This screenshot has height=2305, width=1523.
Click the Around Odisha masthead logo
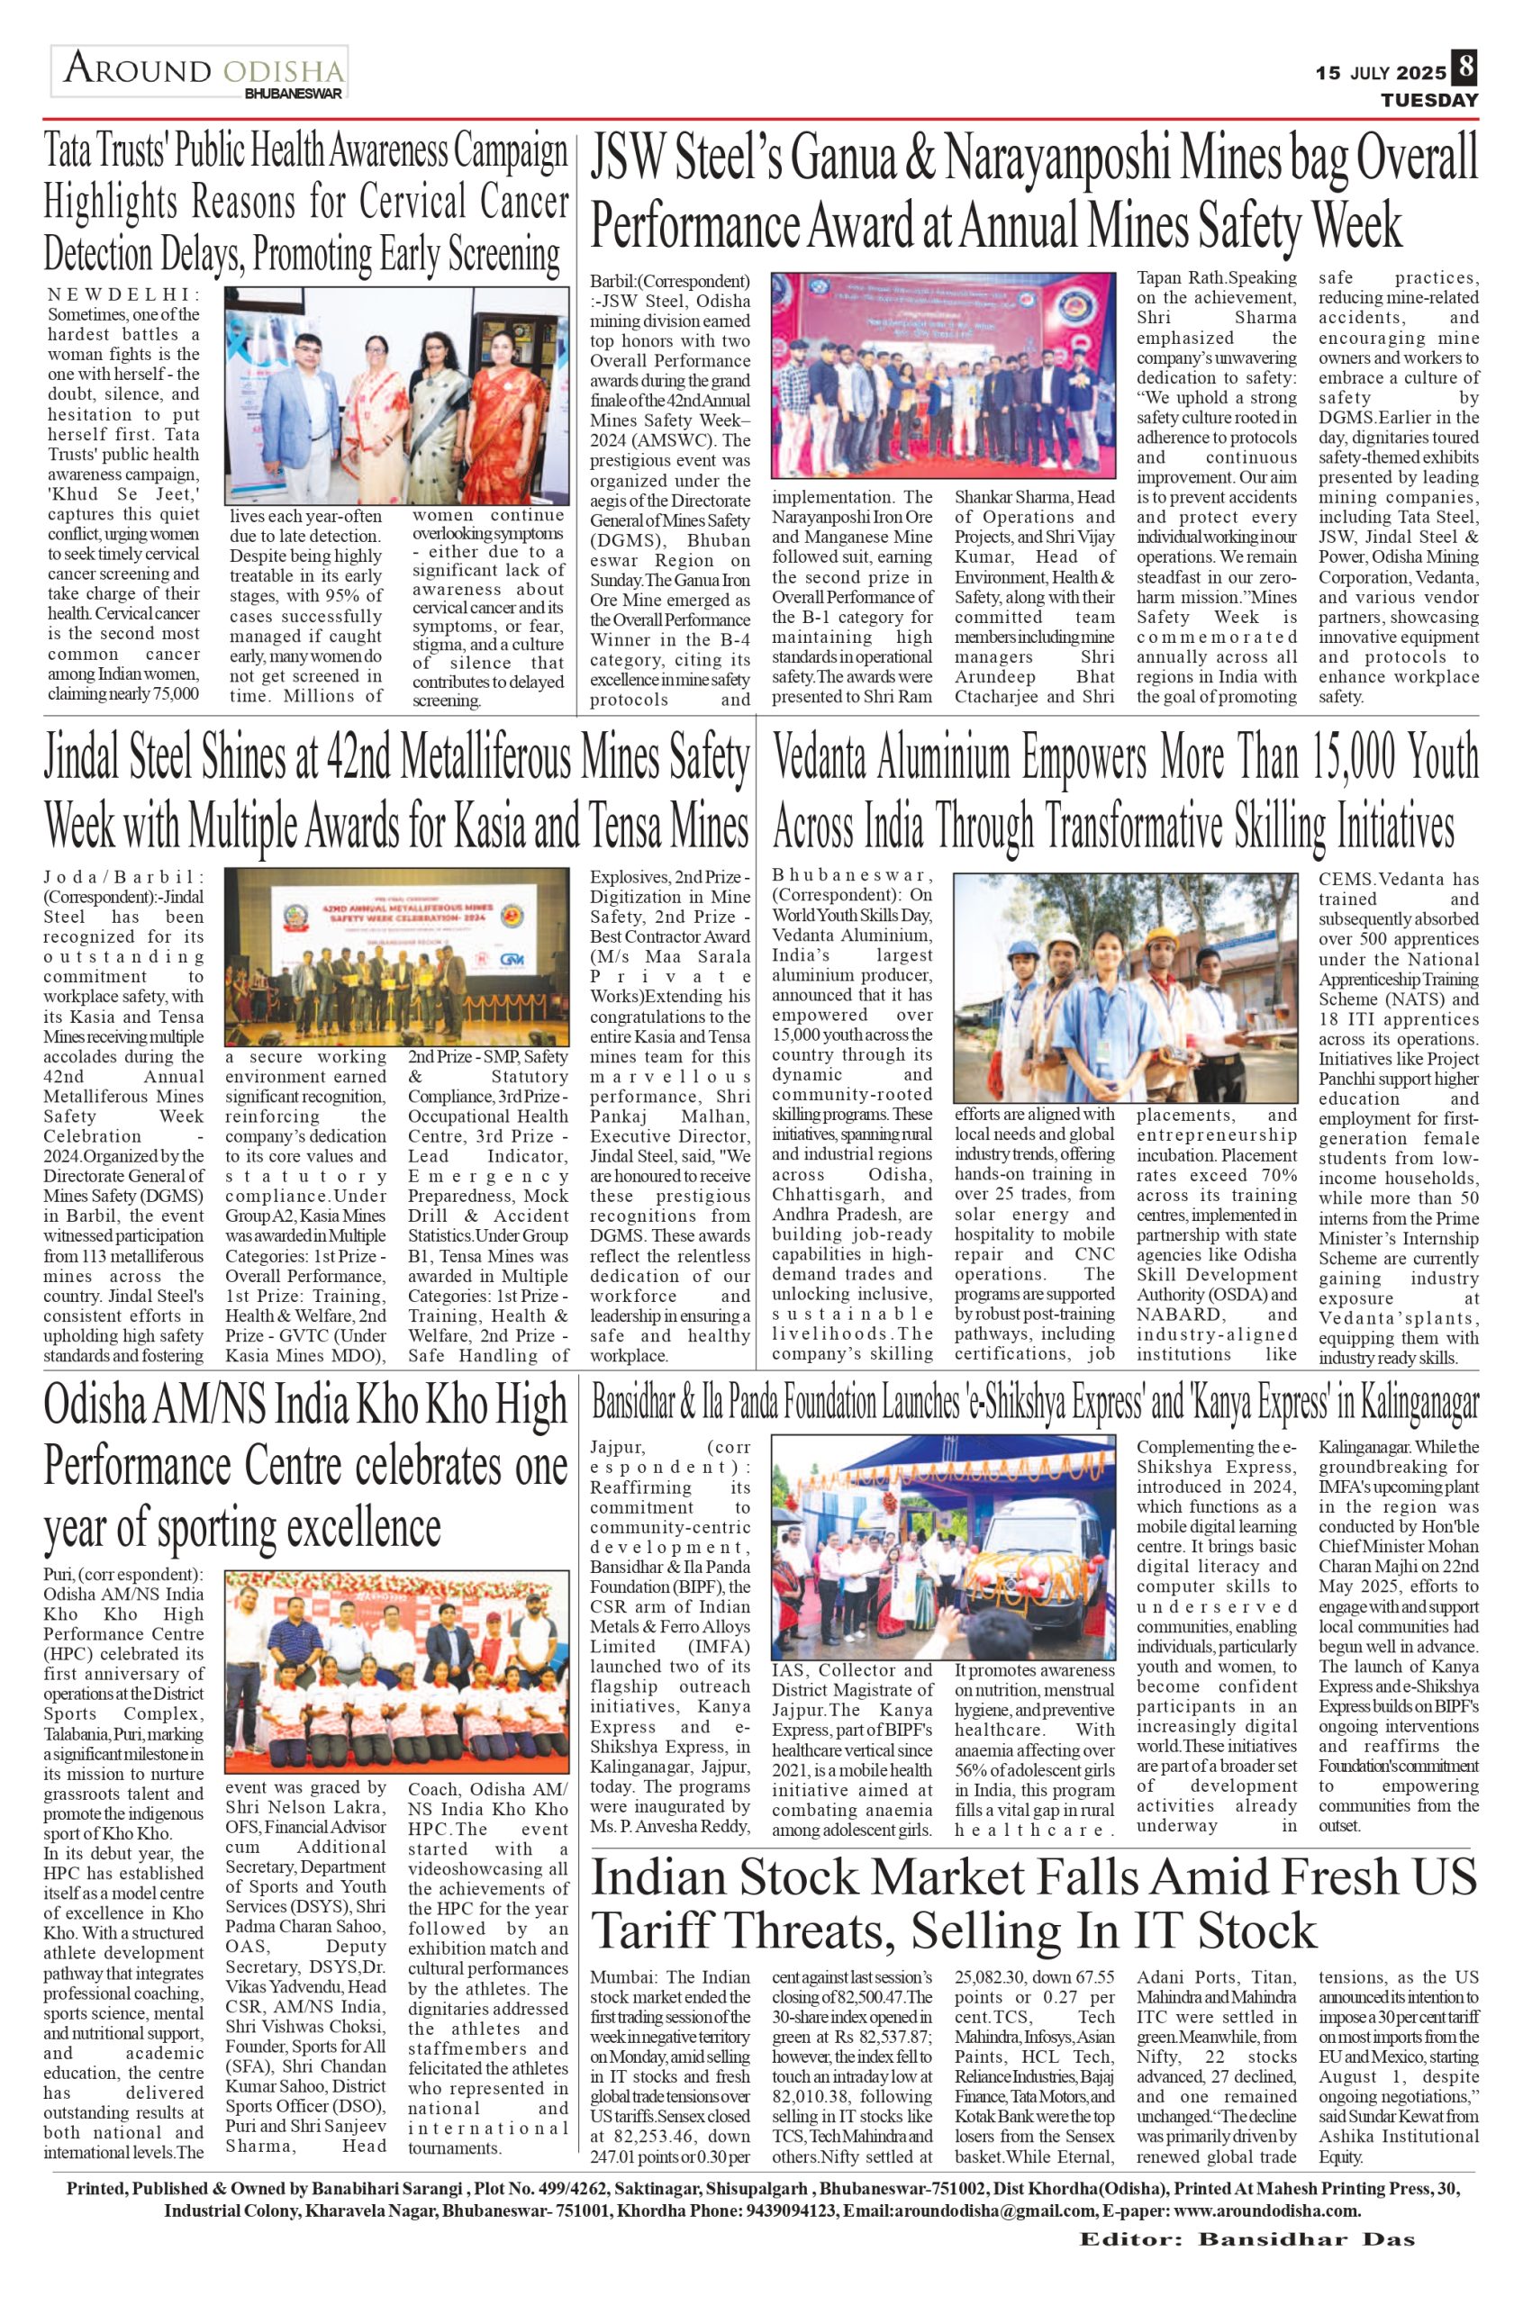(200, 73)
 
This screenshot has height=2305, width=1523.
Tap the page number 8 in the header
(1464, 70)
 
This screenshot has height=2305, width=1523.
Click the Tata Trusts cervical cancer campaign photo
(397, 394)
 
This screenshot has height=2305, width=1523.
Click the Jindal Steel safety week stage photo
(397, 956)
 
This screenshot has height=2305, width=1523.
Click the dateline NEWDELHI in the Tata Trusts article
(122, 294)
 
